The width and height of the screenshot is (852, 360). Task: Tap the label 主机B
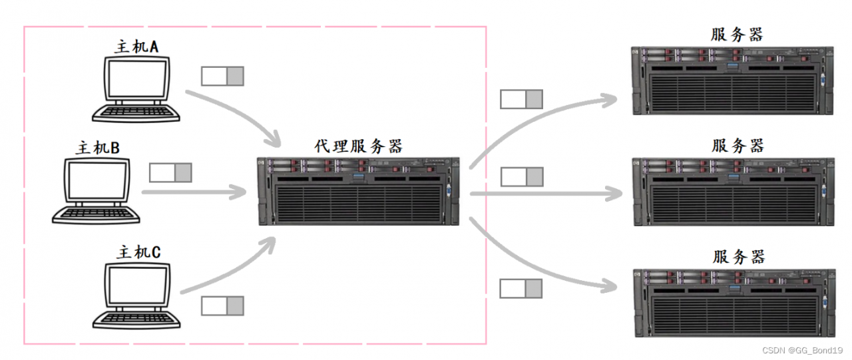click(x=99, y=148)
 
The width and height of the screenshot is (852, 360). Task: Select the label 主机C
click(x=138, y=252)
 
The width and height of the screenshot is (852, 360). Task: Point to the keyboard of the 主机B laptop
click(x=97, y=214)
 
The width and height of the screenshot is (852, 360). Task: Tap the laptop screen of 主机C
click(x=137, y=286)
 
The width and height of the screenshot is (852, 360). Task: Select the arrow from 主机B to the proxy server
click(x=193, y=194)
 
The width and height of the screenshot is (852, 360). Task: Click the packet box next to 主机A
click(x=223, y=77)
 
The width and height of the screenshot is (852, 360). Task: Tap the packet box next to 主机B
click(x=170, y=173)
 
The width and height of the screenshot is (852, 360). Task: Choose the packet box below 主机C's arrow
click(x=223, y=306)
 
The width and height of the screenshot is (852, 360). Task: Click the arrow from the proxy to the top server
click(x=532, y=120)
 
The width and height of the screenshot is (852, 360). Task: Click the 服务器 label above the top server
click(x=737, y=35)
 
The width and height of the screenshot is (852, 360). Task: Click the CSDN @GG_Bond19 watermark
click(x=802, y=350)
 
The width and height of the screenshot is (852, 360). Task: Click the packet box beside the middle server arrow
click(x=522, y=177)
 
